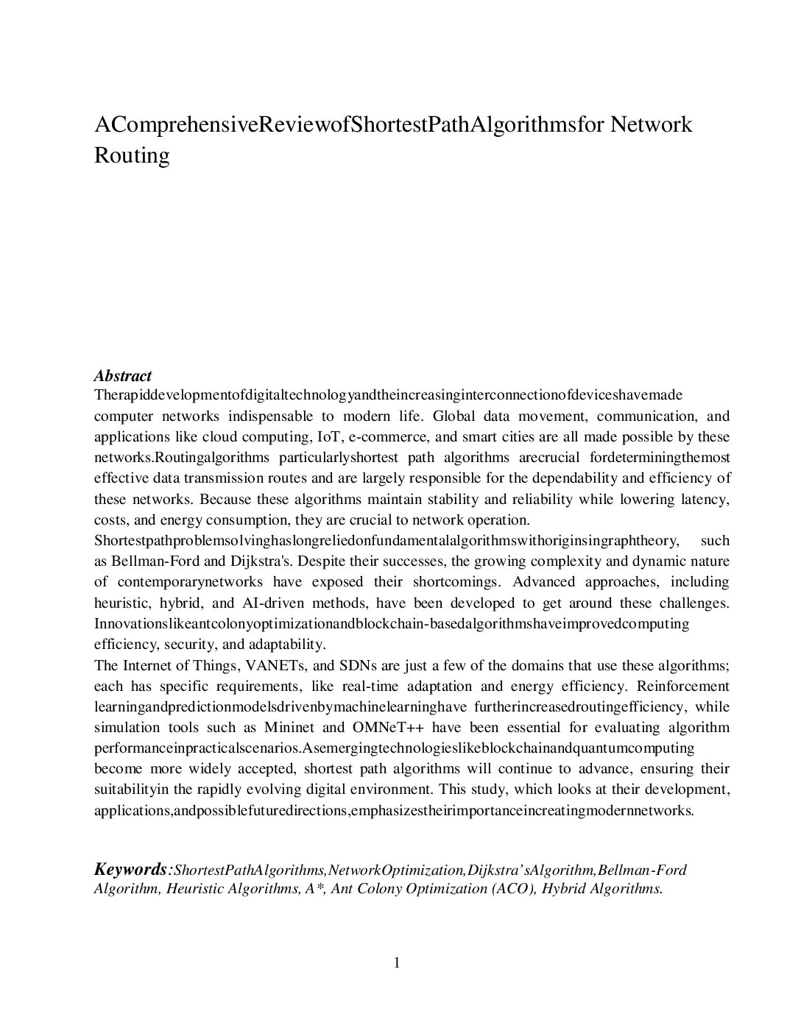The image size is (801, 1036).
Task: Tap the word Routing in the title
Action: [132, 156]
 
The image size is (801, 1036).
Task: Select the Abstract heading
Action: [123, 376]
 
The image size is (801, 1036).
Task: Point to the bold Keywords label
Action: [130, 870]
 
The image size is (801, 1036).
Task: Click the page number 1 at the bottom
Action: [398, 962]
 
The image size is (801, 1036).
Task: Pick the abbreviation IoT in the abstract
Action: [323, 437]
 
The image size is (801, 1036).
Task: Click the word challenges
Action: [694, 603]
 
